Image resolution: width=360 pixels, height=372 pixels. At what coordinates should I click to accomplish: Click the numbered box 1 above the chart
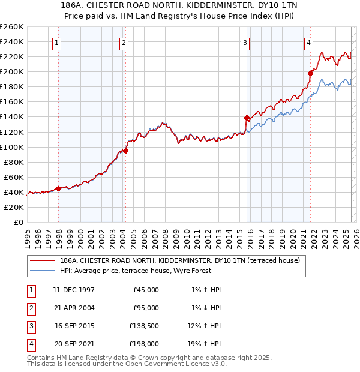(x=56, y=42)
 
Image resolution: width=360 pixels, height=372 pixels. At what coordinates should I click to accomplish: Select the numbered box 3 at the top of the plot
(x=245, y=42)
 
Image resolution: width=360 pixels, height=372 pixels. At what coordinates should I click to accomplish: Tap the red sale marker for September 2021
(x=310, y=73)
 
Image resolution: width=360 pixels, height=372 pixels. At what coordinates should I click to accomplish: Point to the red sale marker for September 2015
(x=247, y=118)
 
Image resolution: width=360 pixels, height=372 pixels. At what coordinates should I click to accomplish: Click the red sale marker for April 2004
(x=126, y=151)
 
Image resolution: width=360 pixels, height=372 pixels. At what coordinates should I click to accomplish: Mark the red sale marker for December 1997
(x=58, y=188)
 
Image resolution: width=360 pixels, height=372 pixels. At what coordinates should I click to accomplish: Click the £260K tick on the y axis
(x=11, y=27)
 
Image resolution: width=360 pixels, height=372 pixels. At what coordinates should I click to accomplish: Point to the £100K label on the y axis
(x=11, y=147)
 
